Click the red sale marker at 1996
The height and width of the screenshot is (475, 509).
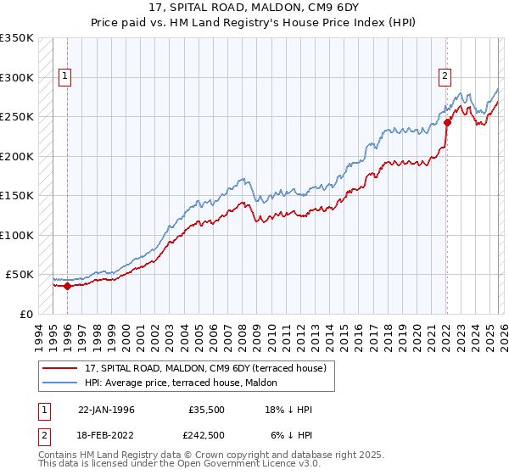(x=67, y=286)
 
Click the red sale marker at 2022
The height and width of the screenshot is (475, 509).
(x=447, y=122)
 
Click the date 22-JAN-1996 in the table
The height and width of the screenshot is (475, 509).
(x=106, y=410)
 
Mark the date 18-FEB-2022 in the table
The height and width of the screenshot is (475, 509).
(x=106, y=433)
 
